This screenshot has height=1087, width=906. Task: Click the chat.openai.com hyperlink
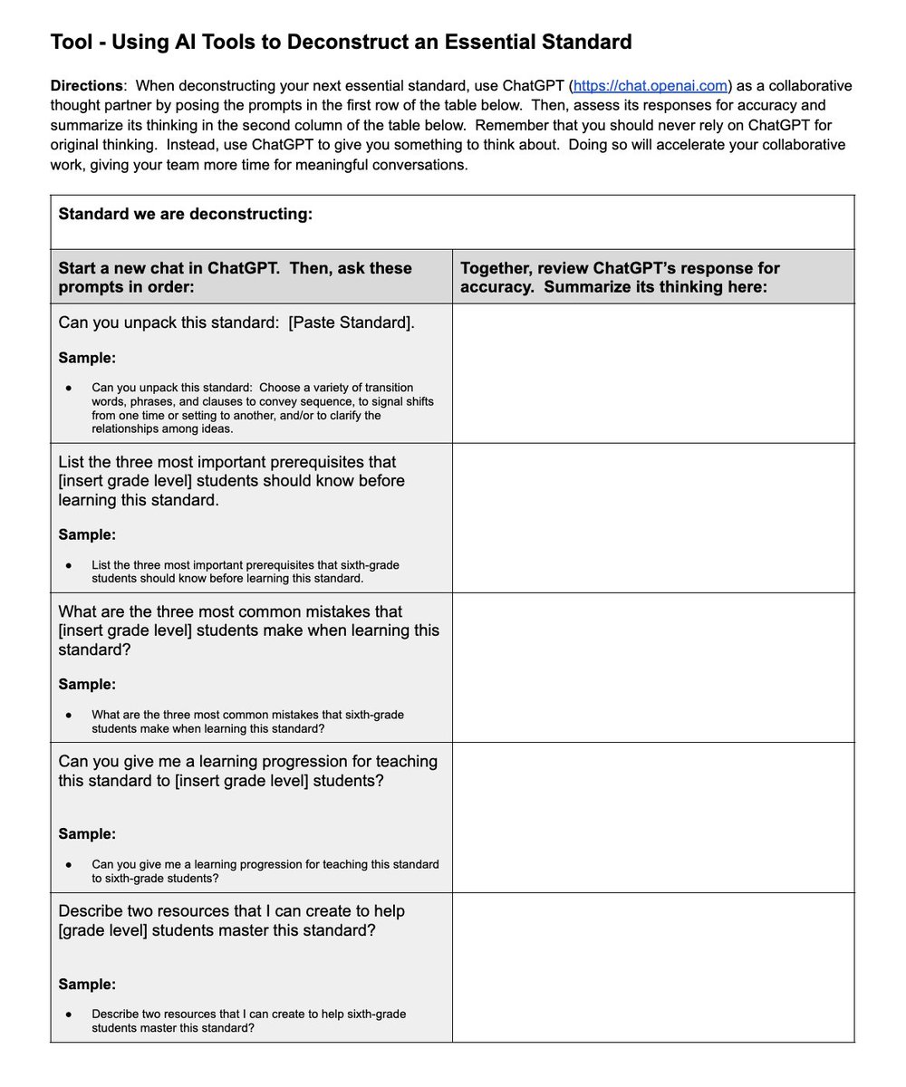point(651,86)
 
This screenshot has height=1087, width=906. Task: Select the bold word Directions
point(86,86)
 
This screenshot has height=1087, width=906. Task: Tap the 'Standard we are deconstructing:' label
point(185,214)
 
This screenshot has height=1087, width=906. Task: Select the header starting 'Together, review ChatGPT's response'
point(620,268)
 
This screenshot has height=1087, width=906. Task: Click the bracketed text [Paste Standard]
point(352,322)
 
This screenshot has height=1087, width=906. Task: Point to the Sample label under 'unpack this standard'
point(87,358)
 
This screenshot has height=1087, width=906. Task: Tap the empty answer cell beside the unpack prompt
point(652,372)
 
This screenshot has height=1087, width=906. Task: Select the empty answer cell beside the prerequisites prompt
point(652,517)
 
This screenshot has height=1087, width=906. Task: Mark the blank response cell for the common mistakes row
point(652,667)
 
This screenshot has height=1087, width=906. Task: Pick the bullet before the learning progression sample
point(69,865)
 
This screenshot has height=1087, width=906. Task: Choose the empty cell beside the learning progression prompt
point(652,817)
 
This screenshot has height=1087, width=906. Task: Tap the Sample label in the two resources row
point(87,984)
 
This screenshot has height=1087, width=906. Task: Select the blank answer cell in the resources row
point(652,967)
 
